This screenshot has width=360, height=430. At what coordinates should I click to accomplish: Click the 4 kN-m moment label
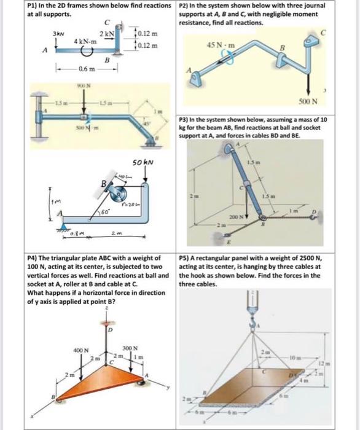[x=85, y=41]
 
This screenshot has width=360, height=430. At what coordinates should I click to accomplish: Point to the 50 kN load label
[x=143, y=163]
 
